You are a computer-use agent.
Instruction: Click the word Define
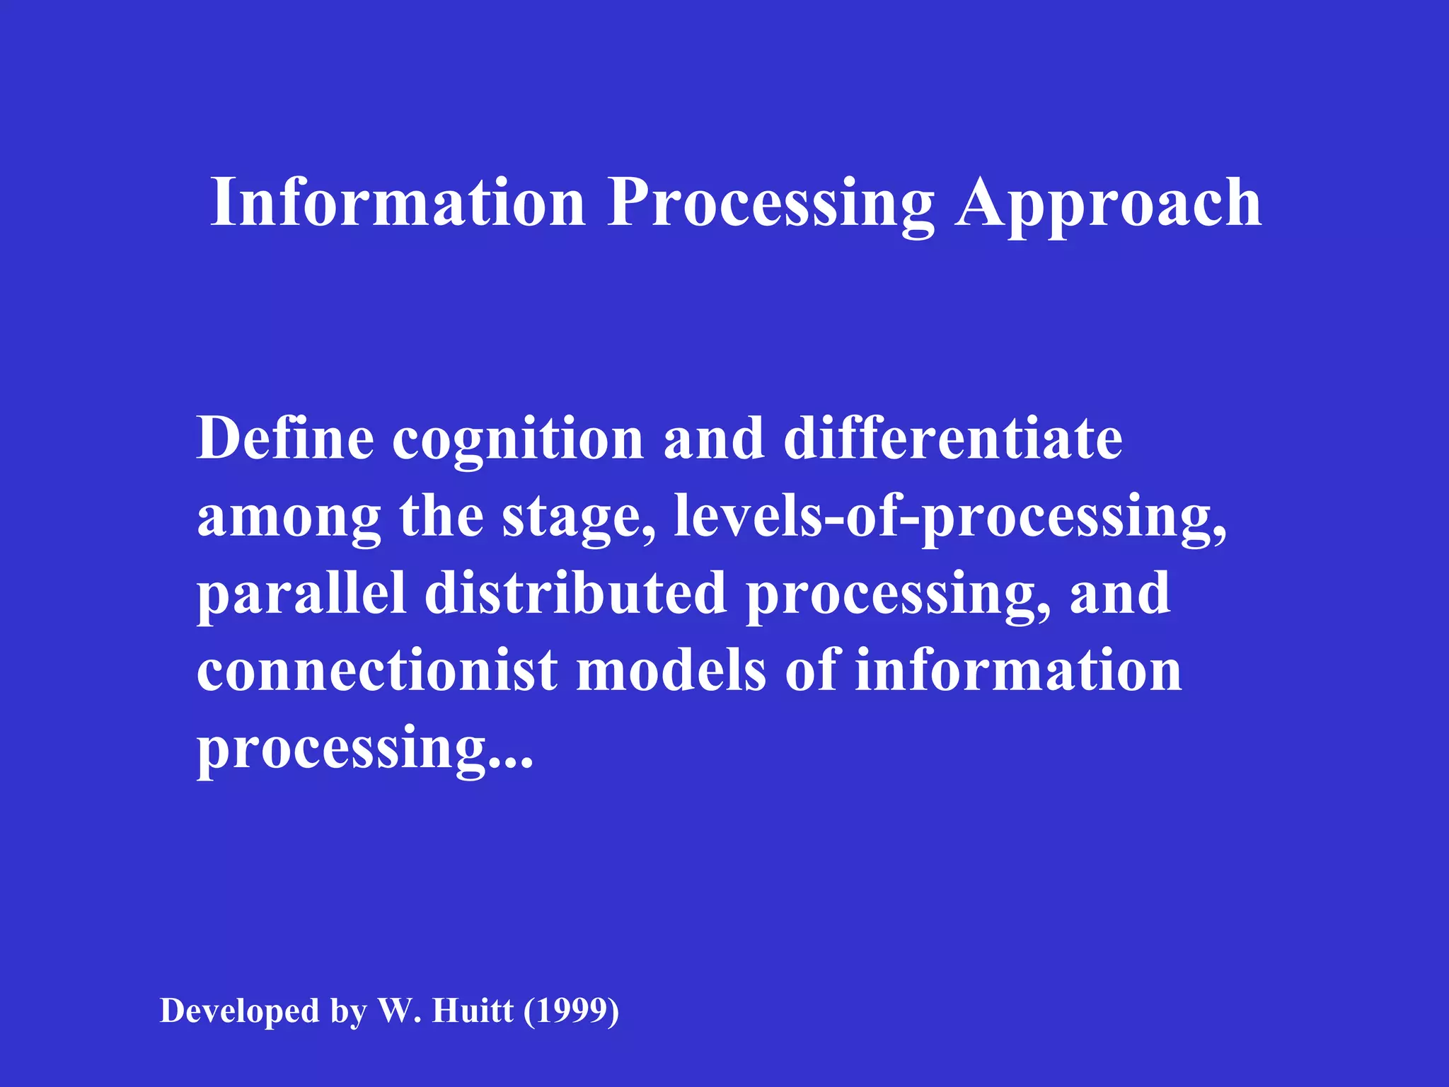285,439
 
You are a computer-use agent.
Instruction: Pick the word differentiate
953,439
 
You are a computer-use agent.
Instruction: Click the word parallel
301,594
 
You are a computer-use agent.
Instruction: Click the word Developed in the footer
240,1011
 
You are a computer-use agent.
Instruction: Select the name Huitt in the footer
473,1011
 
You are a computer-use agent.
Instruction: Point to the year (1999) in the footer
572,1011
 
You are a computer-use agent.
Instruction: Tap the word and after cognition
713,439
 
